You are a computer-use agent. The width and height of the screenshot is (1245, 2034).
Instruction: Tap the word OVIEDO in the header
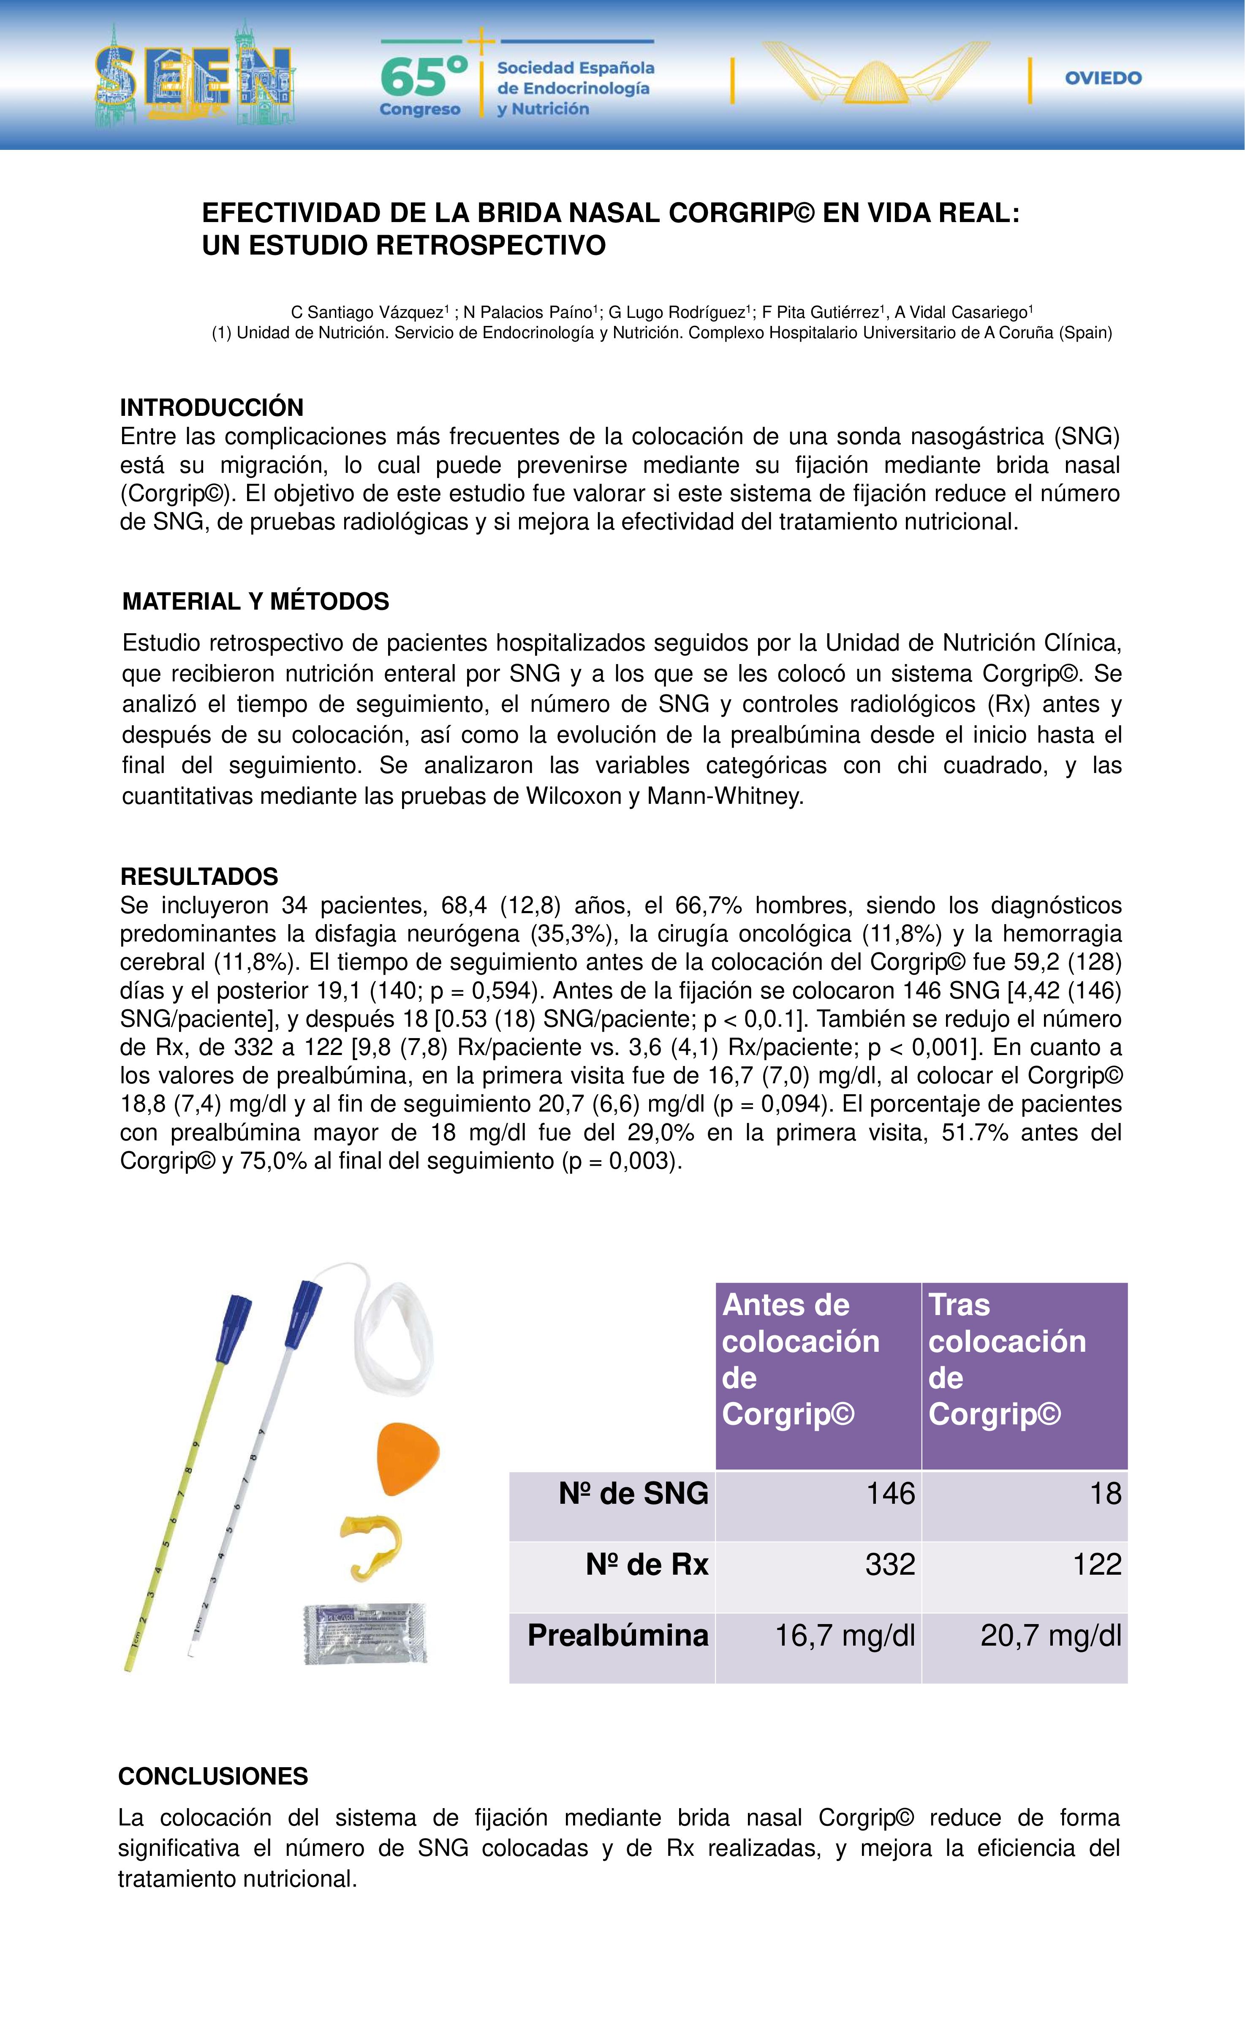[x=1103, y=79]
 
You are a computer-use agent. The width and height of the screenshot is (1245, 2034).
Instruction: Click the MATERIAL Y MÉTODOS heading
[x=255, y=601]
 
